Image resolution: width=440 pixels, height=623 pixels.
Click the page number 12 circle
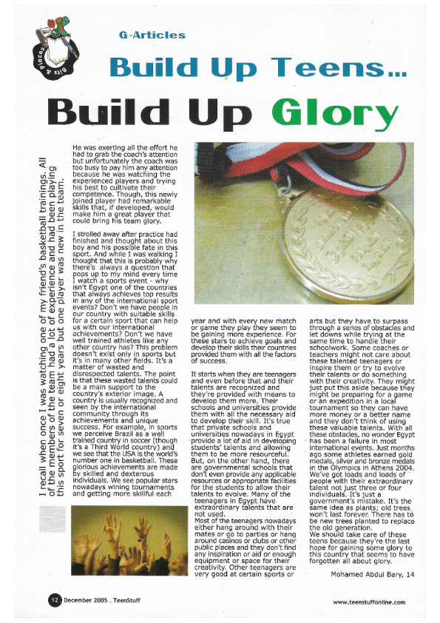pos(55,599)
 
